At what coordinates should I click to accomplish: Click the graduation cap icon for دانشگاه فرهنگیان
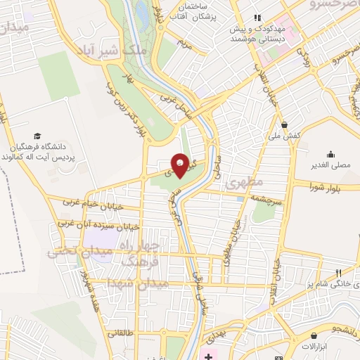[37, 135]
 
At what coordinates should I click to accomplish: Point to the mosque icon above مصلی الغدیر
[330, 154]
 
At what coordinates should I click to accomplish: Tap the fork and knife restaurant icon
[338, 273]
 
